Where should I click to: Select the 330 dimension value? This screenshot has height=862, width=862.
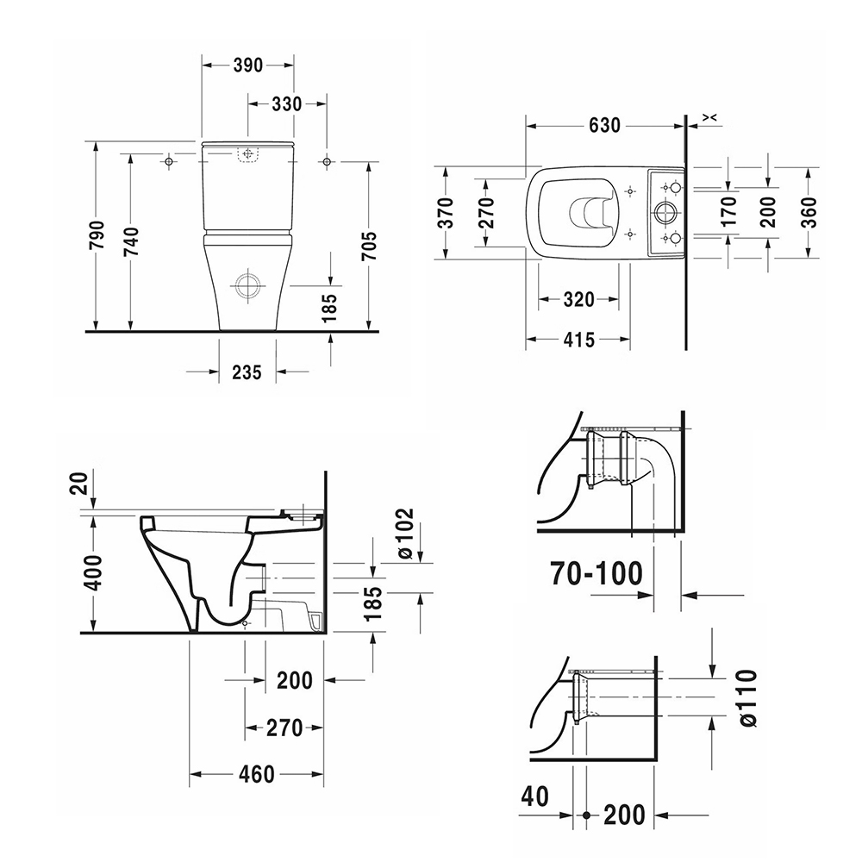point(286,104)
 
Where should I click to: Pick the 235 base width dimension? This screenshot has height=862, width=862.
point(247,372)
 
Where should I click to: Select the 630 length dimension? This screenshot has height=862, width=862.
point(604,126)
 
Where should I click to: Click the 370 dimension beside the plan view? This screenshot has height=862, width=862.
point(445,210)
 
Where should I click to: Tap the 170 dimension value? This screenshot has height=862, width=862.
point(729,210)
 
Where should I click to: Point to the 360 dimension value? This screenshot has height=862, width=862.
point(808,210)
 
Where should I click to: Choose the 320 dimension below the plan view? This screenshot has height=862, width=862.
point(578,300)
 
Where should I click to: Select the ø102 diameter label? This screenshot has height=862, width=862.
point(404,534)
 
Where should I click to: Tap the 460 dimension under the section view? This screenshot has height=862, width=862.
point(256,774)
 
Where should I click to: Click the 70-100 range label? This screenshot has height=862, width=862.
point(598,572)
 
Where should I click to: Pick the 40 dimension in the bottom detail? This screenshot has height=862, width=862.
point(534,797)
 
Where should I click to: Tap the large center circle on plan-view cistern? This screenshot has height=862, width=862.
point(665,211)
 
